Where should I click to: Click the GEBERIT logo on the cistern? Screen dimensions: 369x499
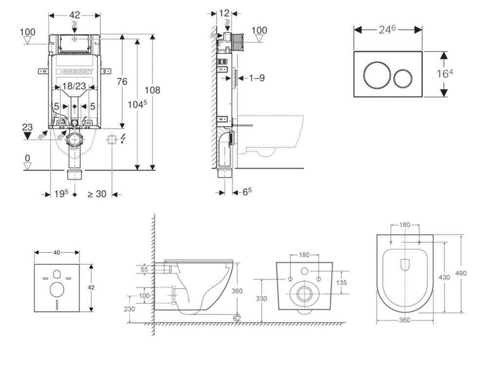tap(75, 71)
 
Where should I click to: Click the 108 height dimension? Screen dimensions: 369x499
tap(152, 90)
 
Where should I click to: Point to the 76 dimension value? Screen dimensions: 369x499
tap(122, 81)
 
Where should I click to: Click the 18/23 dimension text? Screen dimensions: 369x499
tap(74, 86)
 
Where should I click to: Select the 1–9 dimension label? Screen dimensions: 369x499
tap(256, 78)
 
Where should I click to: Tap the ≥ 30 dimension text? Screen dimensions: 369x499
tap(96, 194)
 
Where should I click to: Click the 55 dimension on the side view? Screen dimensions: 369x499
tap(145, 269)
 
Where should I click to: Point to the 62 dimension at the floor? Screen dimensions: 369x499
tap(237, 318)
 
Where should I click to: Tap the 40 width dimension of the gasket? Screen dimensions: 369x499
tap(57, 252)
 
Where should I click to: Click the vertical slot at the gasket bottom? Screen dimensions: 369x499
tap(57, 304)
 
